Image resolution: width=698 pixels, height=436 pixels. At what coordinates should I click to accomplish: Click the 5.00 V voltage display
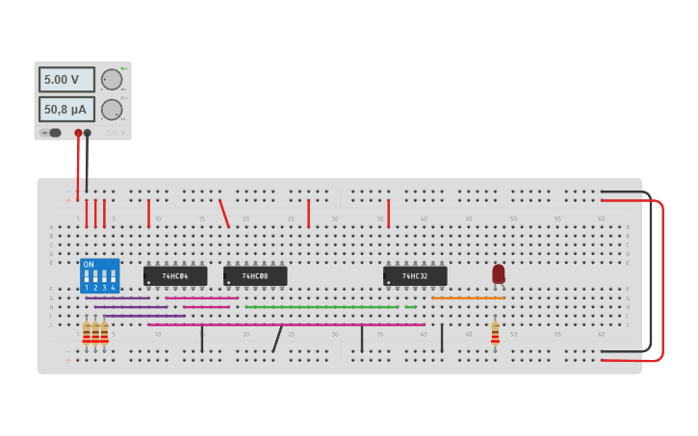point(65,79)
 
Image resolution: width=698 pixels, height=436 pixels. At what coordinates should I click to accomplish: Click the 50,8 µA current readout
point(65,109)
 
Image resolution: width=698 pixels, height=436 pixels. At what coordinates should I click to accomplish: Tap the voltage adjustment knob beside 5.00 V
point(112,80)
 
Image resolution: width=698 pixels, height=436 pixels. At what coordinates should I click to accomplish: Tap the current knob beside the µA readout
point(112,109)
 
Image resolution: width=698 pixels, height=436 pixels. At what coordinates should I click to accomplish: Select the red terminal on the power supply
point(78,133)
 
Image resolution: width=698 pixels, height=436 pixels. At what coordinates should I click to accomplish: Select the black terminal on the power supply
point(88,133)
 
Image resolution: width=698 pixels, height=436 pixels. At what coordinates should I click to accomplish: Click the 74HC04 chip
point(175,276)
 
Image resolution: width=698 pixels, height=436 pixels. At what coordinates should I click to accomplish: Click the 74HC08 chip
point(255,276)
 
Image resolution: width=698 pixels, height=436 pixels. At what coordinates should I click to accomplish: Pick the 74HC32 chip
point(415,276)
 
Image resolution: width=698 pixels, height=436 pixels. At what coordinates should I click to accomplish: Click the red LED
point(498,273)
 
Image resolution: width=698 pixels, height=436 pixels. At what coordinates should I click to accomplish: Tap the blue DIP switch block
point(100,276)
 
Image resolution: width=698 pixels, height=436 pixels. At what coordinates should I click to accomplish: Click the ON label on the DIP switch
point(89,264)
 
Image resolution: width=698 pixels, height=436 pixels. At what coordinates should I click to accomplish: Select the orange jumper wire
point(468,298)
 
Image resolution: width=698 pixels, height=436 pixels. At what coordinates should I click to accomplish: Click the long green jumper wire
point(322,307)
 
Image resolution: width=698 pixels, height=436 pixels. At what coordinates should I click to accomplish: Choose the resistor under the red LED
point(495,333)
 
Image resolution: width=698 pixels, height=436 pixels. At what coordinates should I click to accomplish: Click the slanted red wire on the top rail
point(224,214)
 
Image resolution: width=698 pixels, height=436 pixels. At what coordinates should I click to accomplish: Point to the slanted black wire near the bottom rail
point(277,339)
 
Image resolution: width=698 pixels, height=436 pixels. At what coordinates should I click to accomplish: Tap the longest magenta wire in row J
point(289,324)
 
